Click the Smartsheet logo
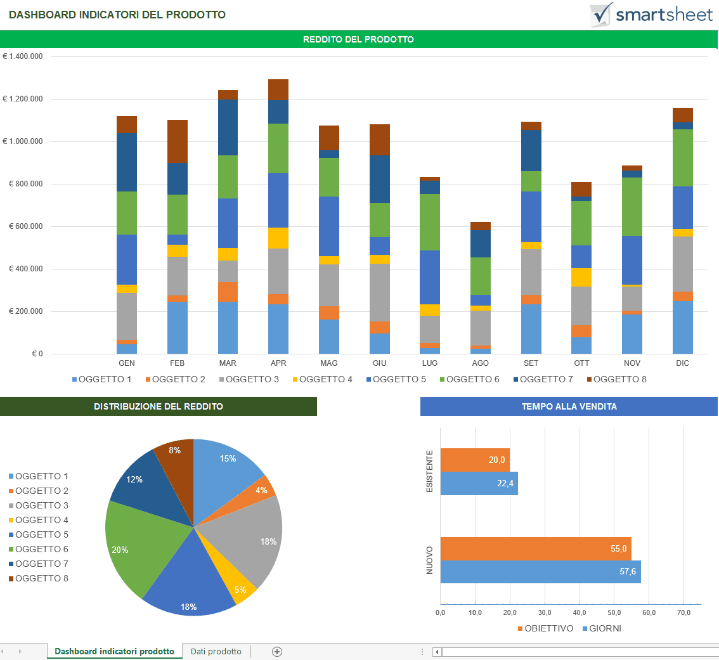pyautogui.click(x=651, y=15)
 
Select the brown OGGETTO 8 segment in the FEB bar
pyautogui.click(x=178, y=141)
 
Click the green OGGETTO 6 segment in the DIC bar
pyautogui.click(x=682, y=157)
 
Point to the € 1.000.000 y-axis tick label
pyautogui.click(x=23, y=141)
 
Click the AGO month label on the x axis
pyautogui.click(x=481, y=363)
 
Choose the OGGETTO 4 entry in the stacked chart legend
pyautogui.click(x=321, y=379)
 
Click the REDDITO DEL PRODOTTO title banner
pyautogui.click(x=359, y=39)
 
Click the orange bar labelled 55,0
pyautogui.click(x=535, y=548)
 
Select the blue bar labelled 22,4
pyautogui.click(x=479, y=483)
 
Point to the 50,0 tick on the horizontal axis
pyautogui.click(x=614, y=613)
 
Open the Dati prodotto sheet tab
pyautogui.click(x=216, y=651)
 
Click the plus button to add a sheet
pyautogui.click(x=276, y=651)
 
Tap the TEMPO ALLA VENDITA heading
pyautogui.click(x=569, y=406)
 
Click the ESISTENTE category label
pyautogui.click(x=429, y=472)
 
